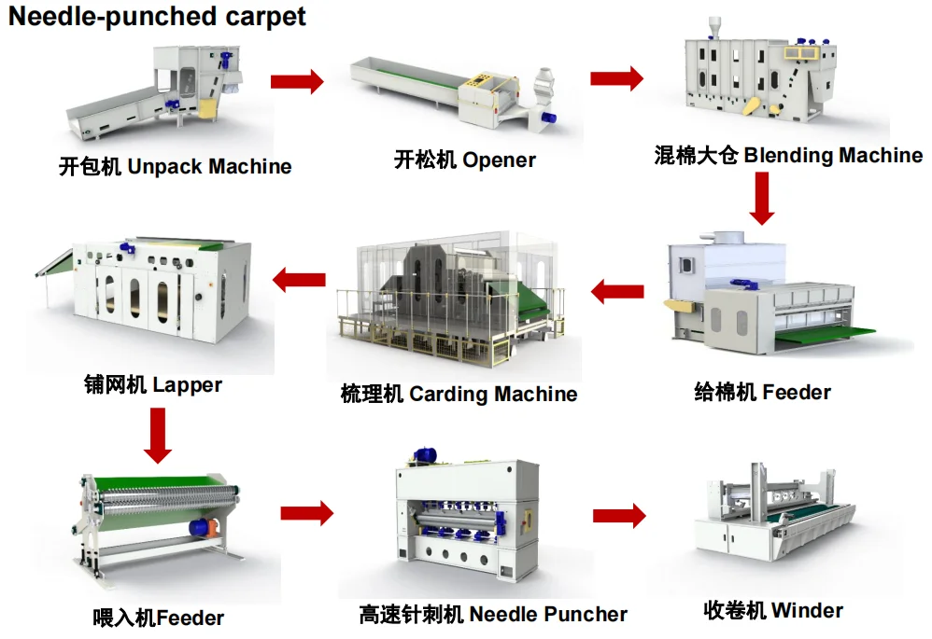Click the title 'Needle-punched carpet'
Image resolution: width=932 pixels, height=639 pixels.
click(158, 17)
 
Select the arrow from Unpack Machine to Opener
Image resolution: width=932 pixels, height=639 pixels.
click(296, 82)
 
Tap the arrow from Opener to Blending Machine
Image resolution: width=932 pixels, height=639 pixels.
click(616, 78)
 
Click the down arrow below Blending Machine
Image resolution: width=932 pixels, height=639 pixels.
click(762, 198)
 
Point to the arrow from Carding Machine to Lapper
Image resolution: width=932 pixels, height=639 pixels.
click(299, 277)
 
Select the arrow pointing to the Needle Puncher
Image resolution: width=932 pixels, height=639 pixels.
click(306, 511)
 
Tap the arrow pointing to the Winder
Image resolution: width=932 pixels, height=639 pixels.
click(618, 514)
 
